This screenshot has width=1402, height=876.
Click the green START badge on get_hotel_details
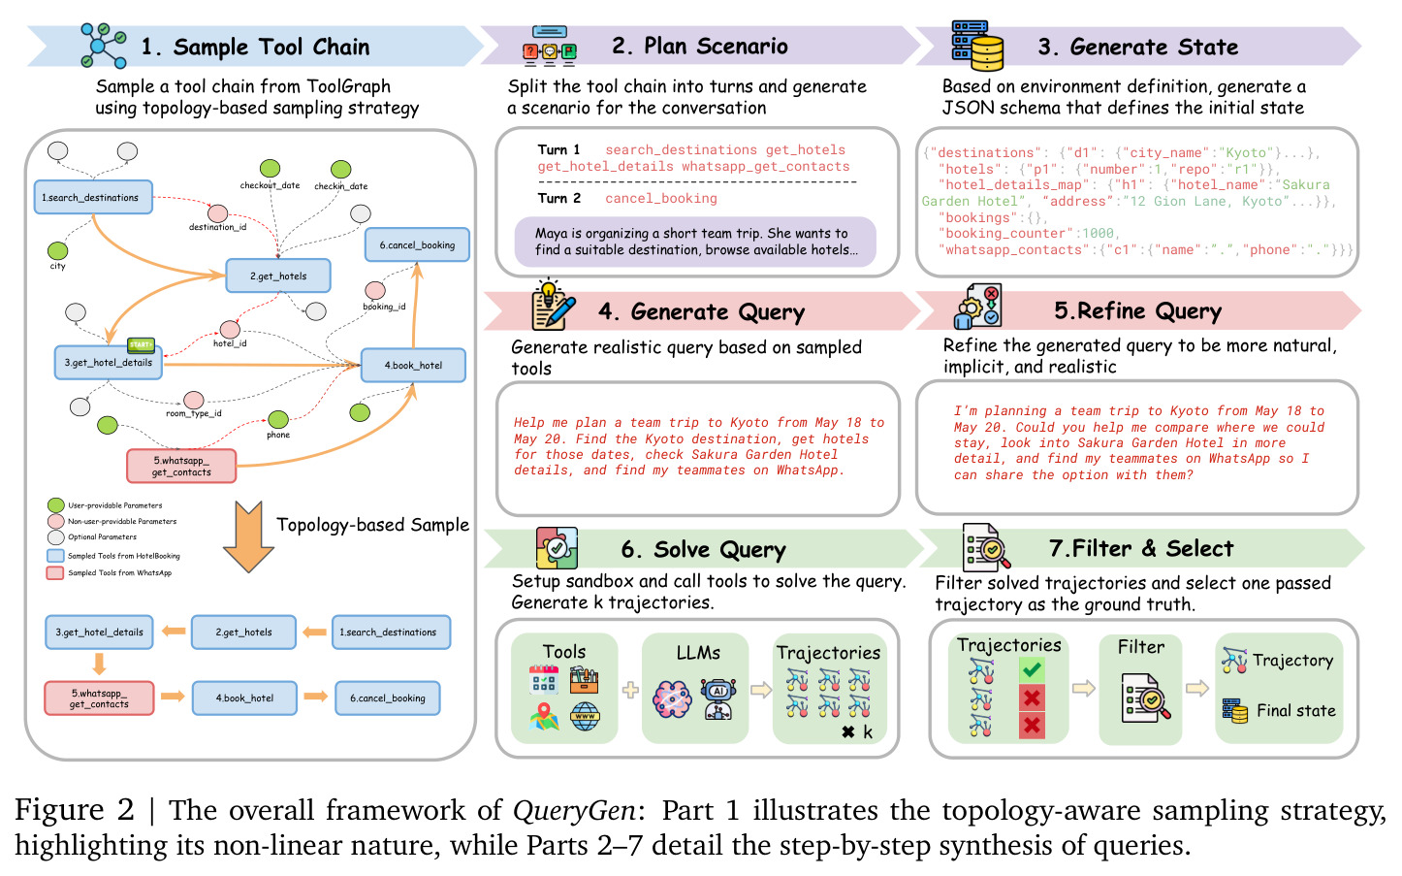pyautogui.click(x=141, y=344)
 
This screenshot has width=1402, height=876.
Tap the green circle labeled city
pyautogui.click(x=57, y=251)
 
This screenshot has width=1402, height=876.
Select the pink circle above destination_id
pyautogui.click(x=217, y=213)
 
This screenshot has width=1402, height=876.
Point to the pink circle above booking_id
pyautogui.click(x=375, y=290)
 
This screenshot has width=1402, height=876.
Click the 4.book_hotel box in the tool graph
pyautogui.click(x=413, y=365)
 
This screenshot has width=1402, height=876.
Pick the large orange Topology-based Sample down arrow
pyautogui.click(x=248, y=536)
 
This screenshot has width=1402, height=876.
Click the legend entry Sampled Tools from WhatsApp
pyautogui.click(x=110, y=573)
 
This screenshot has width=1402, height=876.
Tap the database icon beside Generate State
pyautogui.click(x=977, y=46)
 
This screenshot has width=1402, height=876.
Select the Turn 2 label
pyautogui.click(x=558, y=199)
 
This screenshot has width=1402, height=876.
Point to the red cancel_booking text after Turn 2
pyautogui.click(x=661, y=199)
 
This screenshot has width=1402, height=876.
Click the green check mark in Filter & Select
pyautogui.click(x=1032, y=670)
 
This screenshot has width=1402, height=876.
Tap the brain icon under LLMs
pyautogui.click(x=672, y=698)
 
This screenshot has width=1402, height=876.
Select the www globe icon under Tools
pyautogui.click(x=586, y=717)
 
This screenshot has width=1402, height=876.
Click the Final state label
pyautogui.click(x=1296, y=711)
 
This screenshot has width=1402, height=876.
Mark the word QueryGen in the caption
pyautogui.click(x=574, y=810)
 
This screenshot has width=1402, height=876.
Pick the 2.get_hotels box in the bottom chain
pyautogui.click(x=243, y=633)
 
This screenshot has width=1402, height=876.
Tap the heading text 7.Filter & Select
pyautogui.click(x=1141, y=548)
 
